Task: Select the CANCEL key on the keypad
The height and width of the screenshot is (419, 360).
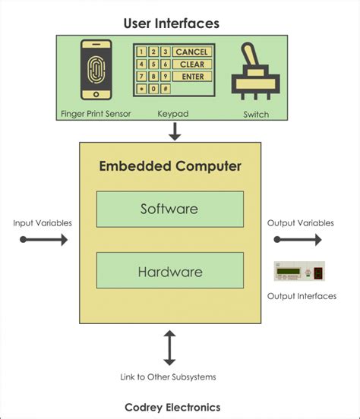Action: (191, 52)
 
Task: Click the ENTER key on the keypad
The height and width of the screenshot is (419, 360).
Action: (191, 77)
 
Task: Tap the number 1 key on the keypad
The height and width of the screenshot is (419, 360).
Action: (141, 52)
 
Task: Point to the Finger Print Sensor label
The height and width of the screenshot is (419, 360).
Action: (96, 114)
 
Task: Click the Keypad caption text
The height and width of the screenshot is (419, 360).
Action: (172, 114)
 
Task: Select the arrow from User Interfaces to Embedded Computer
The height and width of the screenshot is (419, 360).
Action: (175, 131)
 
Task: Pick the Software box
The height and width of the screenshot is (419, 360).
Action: (169, 209)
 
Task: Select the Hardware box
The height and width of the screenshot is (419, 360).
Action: (169, 270)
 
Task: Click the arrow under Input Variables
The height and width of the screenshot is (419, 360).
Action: (44, 240)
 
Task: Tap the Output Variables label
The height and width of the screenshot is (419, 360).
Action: (300, 223)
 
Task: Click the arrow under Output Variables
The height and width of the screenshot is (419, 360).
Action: (298, 240)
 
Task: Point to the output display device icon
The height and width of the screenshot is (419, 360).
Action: (300, 272)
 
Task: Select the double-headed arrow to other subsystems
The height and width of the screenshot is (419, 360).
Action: (169, 348)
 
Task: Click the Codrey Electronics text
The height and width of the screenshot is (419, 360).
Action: (172, 407)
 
